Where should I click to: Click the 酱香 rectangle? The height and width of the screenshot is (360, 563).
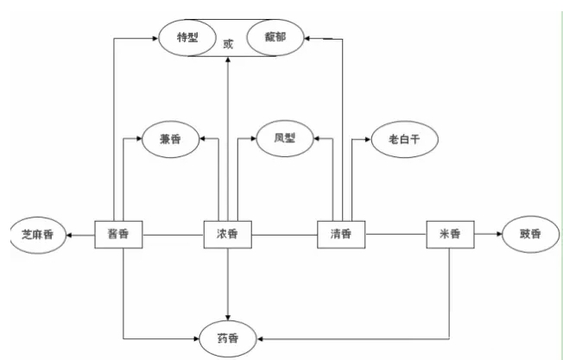coord(118,234)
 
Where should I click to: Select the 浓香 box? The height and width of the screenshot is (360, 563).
coord(227,234)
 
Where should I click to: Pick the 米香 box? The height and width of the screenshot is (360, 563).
coord(451,234)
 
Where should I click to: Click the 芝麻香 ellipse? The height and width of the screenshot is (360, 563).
coord(36,235)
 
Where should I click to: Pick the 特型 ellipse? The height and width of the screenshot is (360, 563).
coord(188,37)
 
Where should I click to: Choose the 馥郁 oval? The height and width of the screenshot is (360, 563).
coord(275,38)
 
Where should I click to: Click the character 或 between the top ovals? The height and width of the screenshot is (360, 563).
coord(228,42)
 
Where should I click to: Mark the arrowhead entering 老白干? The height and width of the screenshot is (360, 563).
coord(367,138)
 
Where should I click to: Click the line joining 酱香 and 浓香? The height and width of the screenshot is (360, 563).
coord(173,234)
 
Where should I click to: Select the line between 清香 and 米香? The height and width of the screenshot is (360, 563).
coord(396,234)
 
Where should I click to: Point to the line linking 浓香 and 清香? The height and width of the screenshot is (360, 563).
coord(284,234)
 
